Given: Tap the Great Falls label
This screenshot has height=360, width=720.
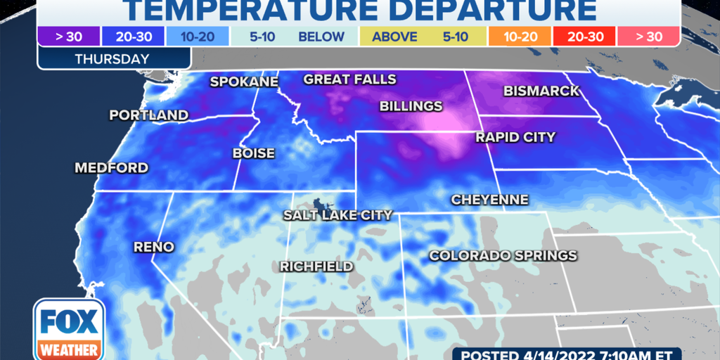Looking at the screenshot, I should (349, 79).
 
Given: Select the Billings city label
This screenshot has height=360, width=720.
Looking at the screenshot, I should (411, 106).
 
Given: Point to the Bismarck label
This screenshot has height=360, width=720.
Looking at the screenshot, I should (541, 91).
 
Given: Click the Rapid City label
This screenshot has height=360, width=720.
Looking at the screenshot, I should (515, 137).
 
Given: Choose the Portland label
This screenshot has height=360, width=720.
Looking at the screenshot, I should (148, 115).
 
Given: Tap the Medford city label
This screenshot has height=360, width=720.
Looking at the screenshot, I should (112, 168).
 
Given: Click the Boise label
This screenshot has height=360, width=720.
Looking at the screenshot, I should (254, 153).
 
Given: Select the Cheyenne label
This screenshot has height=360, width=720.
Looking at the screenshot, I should (489, 200).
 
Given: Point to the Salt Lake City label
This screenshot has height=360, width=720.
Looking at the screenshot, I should (337, 215).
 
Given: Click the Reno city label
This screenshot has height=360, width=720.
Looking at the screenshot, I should (153, 247).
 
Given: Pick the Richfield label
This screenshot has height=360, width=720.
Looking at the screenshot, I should (316, 266).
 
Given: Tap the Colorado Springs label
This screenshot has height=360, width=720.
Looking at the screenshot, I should (503, 255).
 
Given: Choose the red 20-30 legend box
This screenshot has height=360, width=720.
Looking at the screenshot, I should (583, 37).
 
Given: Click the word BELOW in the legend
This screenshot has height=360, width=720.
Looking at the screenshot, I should (321, 37).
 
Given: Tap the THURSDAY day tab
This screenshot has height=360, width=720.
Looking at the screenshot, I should (112, 59).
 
